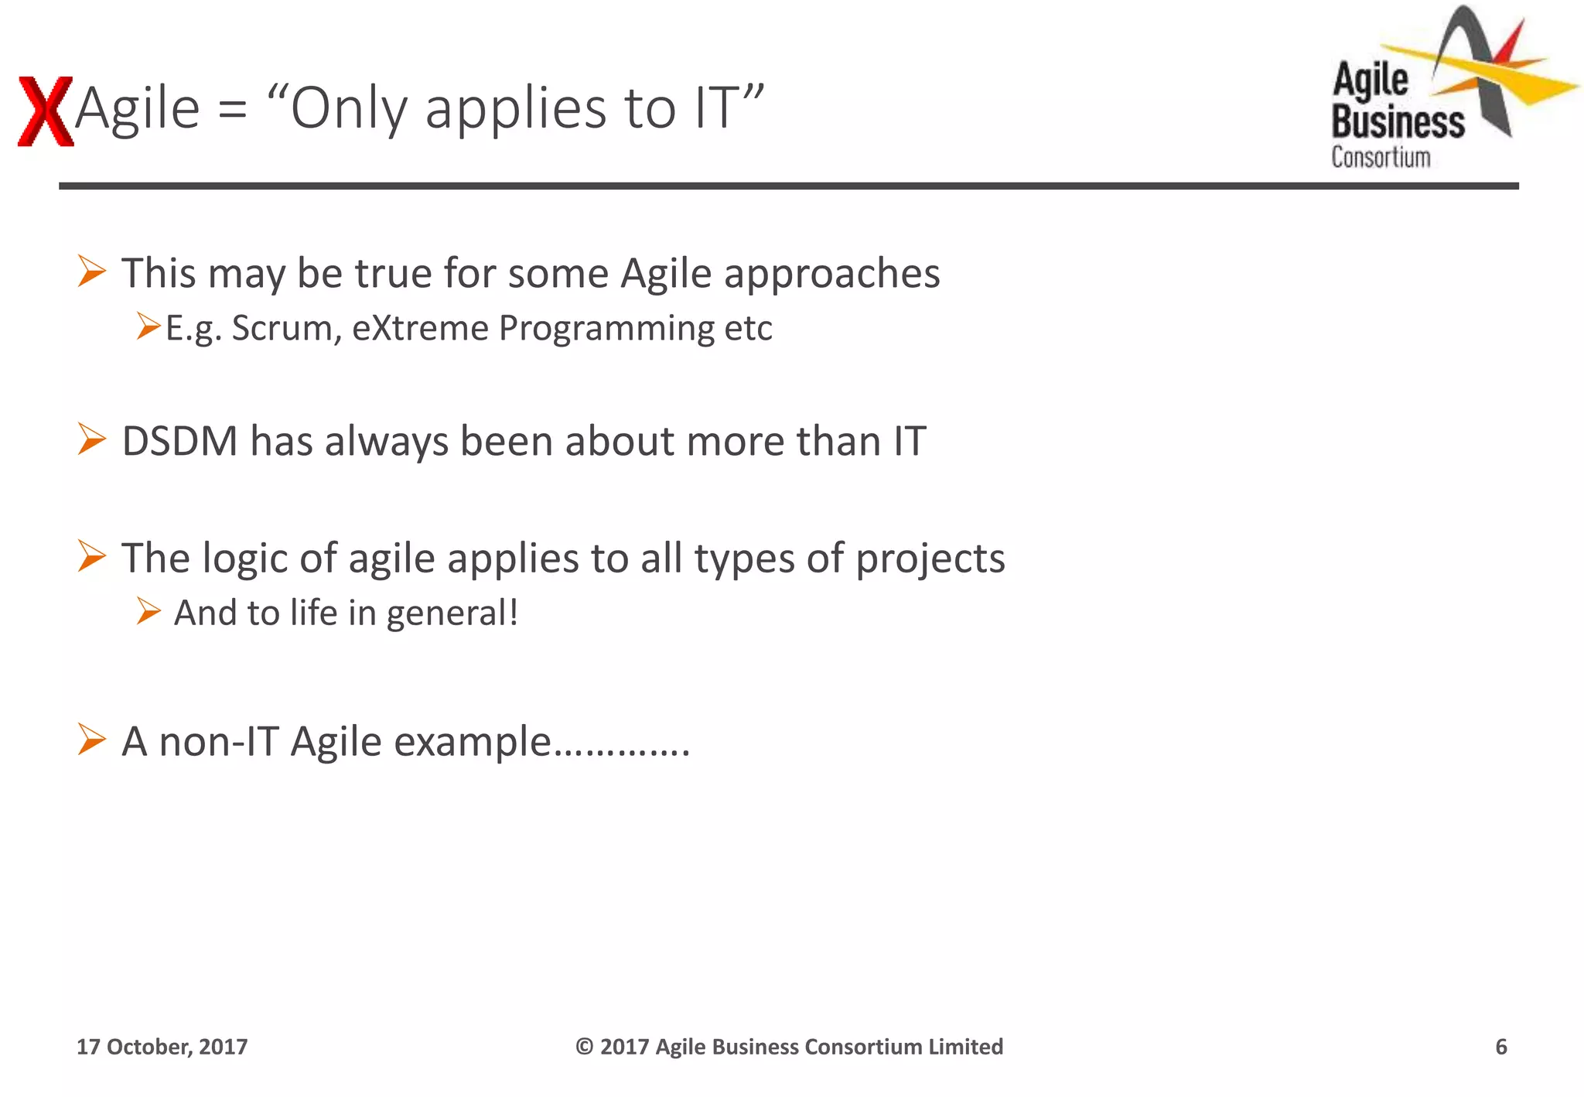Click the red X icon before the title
click(x=45, y=111)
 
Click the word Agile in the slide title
click(x=138, y=108)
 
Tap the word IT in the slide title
click(x=715, y=108)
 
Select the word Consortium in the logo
click(x=1381, y=157)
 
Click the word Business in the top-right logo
click(x=1398, y=122)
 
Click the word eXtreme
click(x=420, y=328)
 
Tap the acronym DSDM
click(x=179, y=442)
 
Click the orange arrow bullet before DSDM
click(x=92, y=439)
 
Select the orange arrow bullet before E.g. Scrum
click(x=148, y=326)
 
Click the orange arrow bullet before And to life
click(x=148, y=611)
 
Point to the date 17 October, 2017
click(x=162, y=1047)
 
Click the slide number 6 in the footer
click(x=1500, y=1047)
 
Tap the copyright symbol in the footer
click(x=584, y=1047)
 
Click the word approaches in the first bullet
click(x=831, y=275)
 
